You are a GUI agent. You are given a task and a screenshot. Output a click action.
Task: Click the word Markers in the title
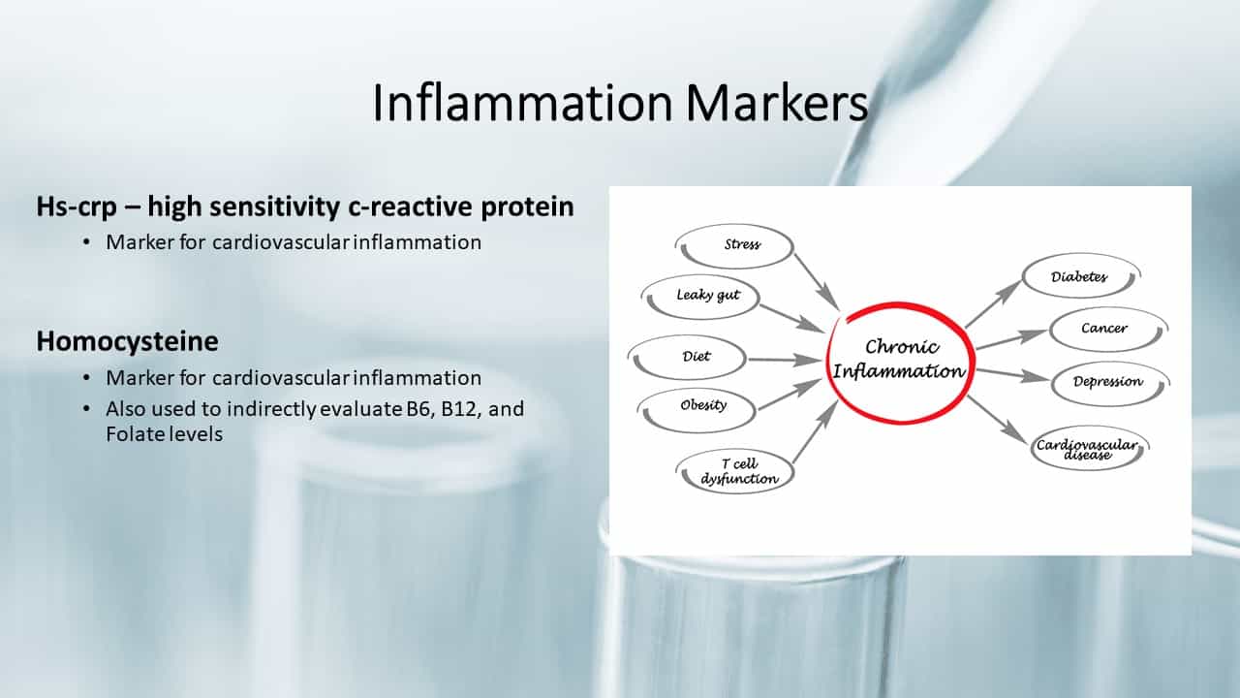(x=777, y=103)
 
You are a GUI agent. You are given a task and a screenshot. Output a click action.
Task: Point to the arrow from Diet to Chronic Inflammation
(x=785, y=360)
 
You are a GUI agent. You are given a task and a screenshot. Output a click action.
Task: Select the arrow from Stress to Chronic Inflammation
(x=817, y=282)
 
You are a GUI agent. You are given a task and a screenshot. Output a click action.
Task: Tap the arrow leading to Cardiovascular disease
(x=998, y=420)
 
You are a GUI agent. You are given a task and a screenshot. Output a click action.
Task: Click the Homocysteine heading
(x=127, y=341)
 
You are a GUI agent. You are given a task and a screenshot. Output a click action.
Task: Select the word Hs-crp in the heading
(x=77, y=207)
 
